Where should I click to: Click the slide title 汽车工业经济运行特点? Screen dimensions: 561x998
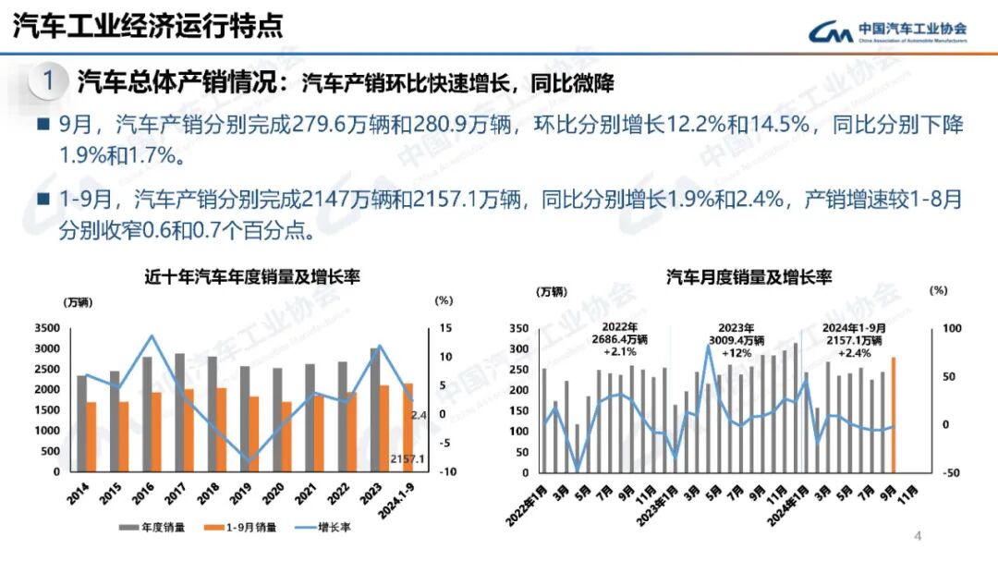tap(147, 26)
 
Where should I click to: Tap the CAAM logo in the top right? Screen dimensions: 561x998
tap(888, 31)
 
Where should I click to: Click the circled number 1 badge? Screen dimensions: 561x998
tap(48, 81)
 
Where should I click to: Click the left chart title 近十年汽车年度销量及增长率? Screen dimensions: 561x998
tap(251, 276)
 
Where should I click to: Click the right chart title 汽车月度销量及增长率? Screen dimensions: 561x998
tap(748, 276)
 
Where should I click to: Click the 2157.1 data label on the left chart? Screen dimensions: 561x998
tap(408, 459)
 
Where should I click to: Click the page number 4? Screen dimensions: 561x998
tap(919, 536)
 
